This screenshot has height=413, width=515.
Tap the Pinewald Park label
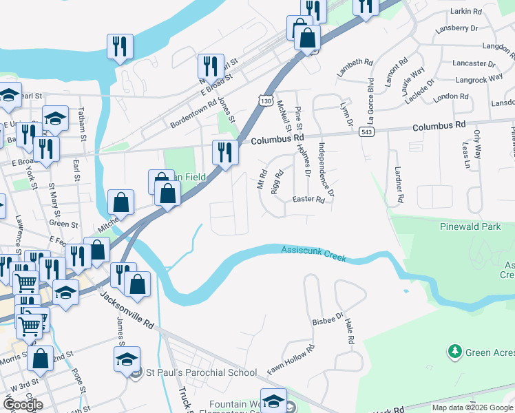click(470, 226)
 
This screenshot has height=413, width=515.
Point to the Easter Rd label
click(308, 200)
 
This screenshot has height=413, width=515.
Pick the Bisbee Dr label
click(327, 320)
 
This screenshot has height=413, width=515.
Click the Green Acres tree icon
click(454, 352)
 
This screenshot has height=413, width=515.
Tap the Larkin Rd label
click(466, 12)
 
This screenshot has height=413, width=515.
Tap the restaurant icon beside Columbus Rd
click(225, 152)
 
